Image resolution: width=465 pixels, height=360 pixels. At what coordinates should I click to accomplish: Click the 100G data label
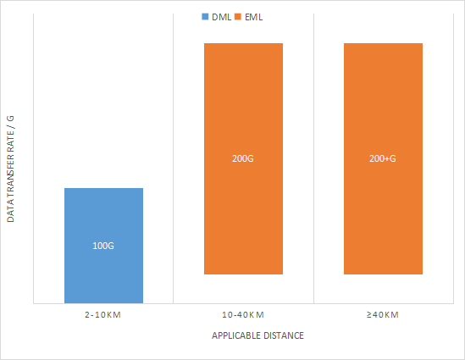(x=103, y=246)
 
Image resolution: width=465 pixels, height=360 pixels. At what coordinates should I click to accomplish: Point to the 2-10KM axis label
(x=103, y=315)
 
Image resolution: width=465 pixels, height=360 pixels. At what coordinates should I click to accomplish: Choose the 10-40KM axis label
(x=243, y=315)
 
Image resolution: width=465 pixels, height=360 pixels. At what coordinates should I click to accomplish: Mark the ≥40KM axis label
(x=383, y=315)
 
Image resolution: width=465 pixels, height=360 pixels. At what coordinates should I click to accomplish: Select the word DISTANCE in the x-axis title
(x=283, y=335)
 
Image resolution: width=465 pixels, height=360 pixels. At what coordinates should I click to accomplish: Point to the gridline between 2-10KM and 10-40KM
(x=174, y=161)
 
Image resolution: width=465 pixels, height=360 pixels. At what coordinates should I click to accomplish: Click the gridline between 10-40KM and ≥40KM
(x=313, y=161)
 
